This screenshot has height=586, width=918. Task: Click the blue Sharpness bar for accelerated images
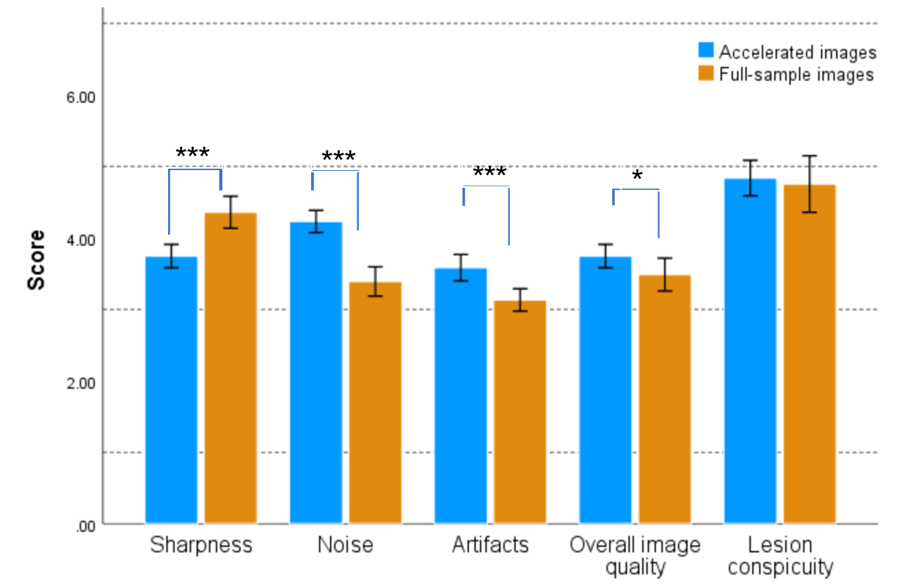(171, 389)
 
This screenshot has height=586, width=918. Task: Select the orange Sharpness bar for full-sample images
(230, 367)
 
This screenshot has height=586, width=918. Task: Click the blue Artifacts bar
(461, 395)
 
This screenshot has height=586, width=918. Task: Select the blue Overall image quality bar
(605, 389)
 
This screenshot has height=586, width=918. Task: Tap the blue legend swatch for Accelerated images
(706, 51)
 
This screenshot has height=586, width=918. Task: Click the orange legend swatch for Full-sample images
(706, 74)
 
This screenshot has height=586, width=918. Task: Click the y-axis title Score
(36, 260)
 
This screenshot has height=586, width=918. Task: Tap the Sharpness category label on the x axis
(201, 545)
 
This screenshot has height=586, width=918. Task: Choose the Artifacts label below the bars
(490, 545)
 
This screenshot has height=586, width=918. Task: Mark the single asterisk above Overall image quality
(636, 177)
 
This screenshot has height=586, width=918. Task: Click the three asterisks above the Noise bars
(338, 157)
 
